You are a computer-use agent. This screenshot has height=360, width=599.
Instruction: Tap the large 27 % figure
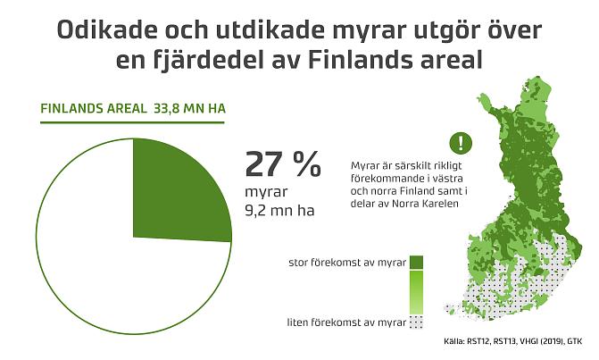pos(282,164)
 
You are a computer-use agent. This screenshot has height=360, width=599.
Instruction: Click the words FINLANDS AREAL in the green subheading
pos(94,109)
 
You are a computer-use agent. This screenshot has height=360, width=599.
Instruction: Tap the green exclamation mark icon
pos(459,142)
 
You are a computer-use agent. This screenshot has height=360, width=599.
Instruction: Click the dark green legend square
pos(416,262)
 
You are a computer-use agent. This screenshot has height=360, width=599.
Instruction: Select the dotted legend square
pos(416,322)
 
